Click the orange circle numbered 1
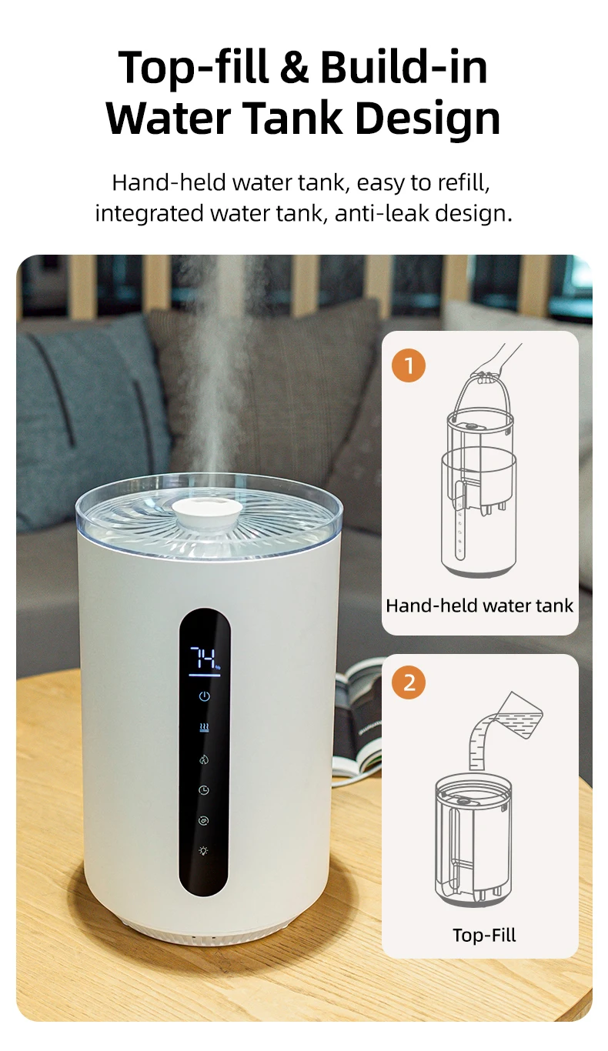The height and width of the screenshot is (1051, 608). [409, 365]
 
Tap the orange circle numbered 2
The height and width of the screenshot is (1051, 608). [409, 682]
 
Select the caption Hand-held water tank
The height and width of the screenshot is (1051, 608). [479, 606]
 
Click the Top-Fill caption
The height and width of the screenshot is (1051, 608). [484, 936]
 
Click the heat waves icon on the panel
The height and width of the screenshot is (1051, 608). [204, 727]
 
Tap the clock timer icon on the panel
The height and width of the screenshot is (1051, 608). [204, 789]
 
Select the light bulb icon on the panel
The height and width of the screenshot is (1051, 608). [204, 852]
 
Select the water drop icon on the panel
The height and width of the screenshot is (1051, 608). [204, 759]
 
